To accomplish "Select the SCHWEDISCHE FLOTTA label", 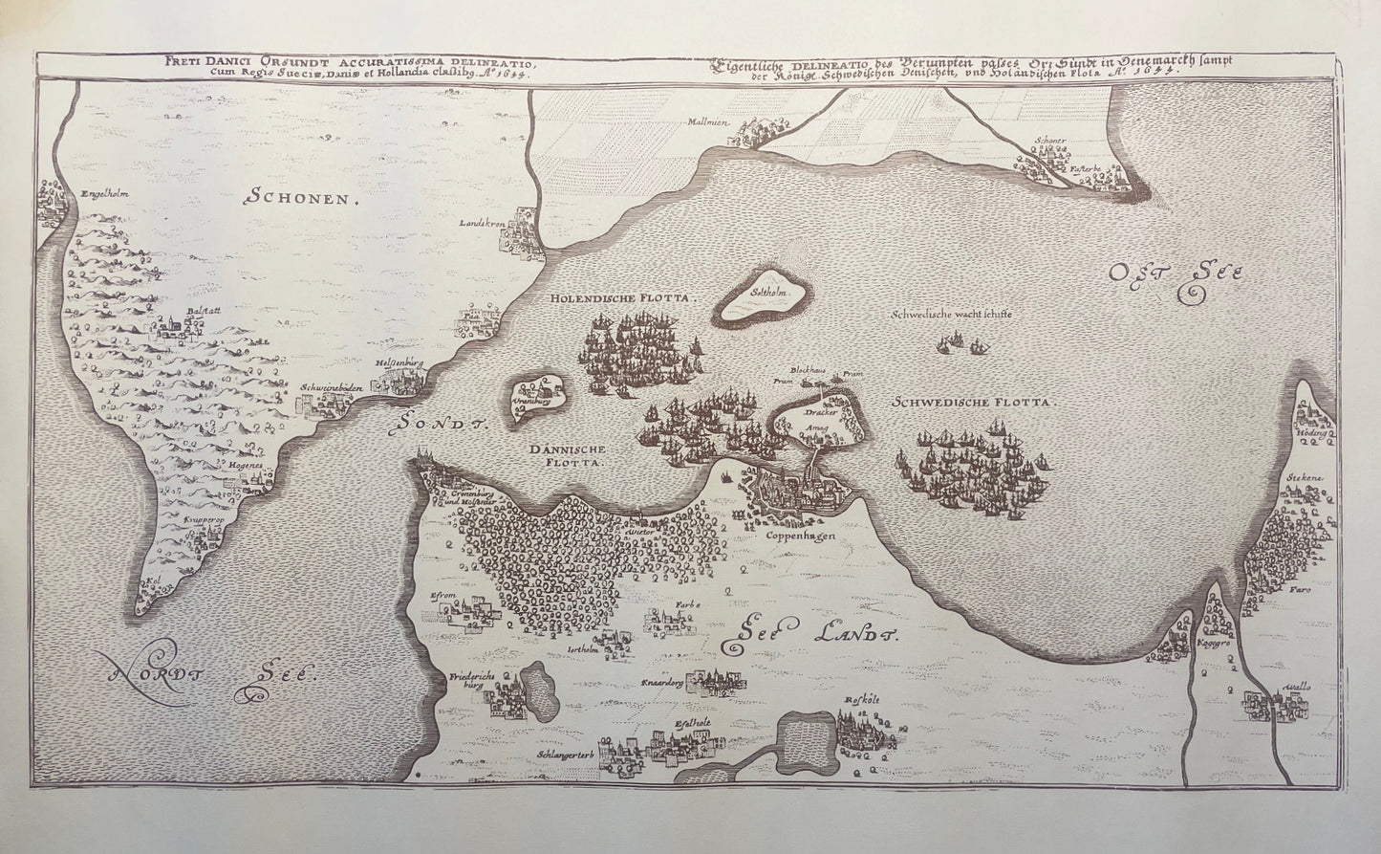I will coord(974,403).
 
